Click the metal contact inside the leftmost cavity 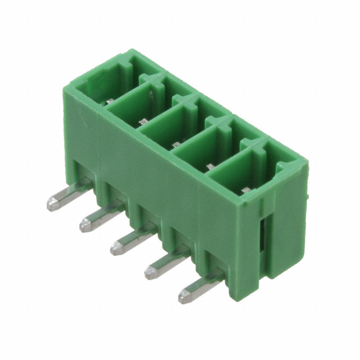(111, 101)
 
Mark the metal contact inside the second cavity (144, 120)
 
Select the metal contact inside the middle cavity (176, 144)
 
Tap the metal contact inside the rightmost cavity (246, 190)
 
